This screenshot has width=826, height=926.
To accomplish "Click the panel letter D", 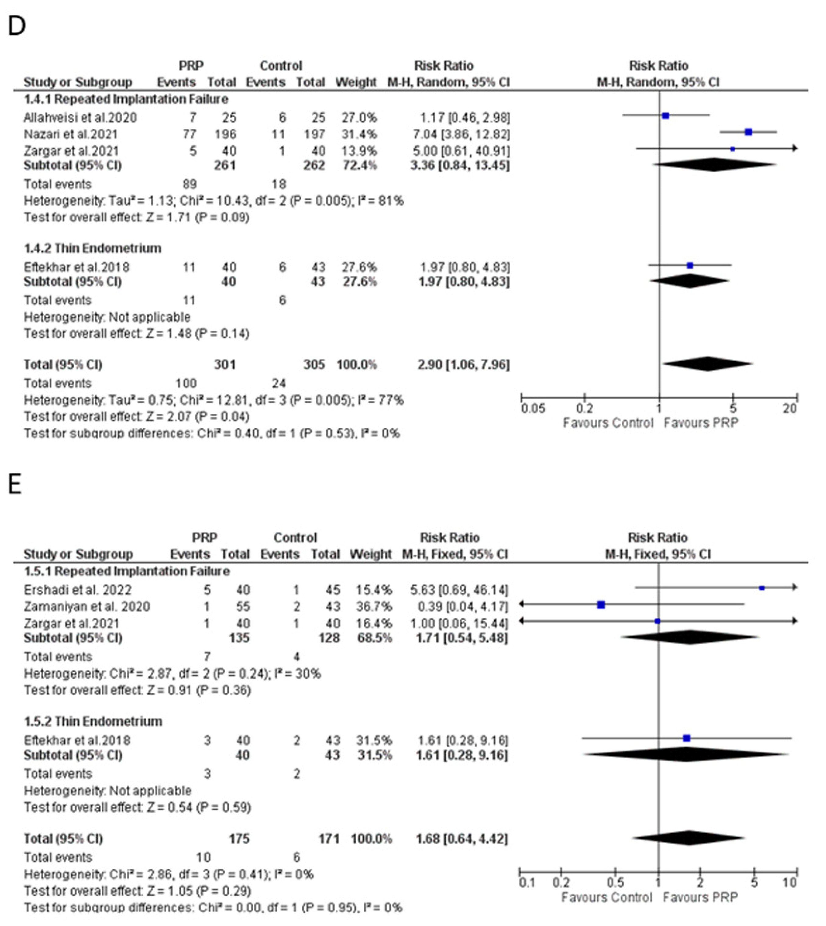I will [x=17, y=26].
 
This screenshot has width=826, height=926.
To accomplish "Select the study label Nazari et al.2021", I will [x=70, y=134].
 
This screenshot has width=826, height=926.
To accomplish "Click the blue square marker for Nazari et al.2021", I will [x=748, y=132].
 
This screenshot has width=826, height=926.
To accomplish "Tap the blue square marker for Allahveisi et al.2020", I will [x=666, y=116].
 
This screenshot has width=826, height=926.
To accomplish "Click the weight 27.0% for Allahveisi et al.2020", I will [x=359, y=118].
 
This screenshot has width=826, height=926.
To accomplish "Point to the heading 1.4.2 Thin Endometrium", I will [x=92, y=248].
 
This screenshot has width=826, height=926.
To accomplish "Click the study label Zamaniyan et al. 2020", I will [x=86, y=607].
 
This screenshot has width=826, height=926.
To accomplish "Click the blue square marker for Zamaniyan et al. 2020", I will [x=601, y=605].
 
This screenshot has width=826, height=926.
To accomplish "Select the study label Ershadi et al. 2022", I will [x=77, y=590].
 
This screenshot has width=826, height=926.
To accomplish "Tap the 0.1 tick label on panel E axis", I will [x=526, y=883].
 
